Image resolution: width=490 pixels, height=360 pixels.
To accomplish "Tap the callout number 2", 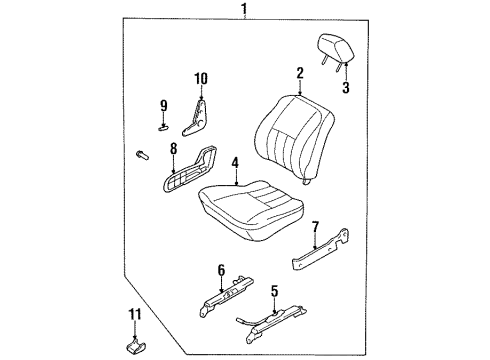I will (x=299, y=71).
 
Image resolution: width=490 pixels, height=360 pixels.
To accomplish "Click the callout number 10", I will (x=199, y=77).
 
